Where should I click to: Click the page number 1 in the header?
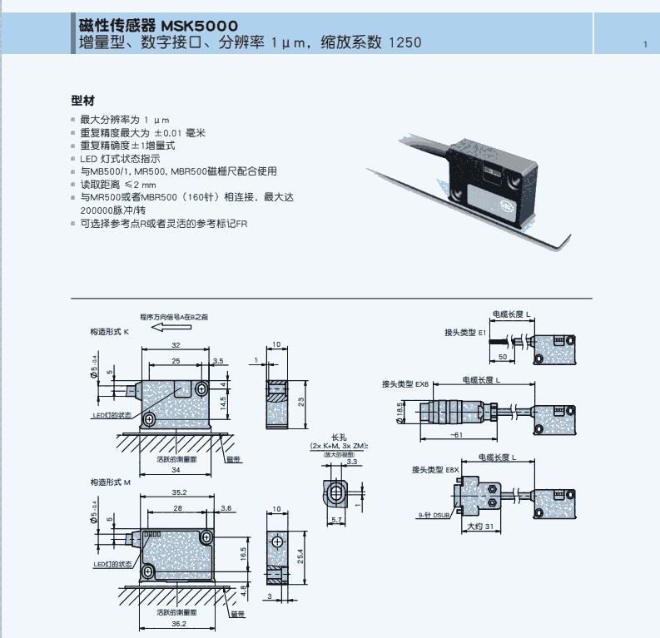644,44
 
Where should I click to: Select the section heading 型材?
82,101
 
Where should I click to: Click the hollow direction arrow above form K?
171,328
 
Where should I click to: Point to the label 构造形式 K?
110,331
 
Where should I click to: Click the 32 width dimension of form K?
176,344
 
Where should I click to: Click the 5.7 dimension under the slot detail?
337,520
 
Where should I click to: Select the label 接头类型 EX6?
405,383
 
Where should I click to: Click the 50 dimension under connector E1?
503,356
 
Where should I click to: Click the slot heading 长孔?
338,437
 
